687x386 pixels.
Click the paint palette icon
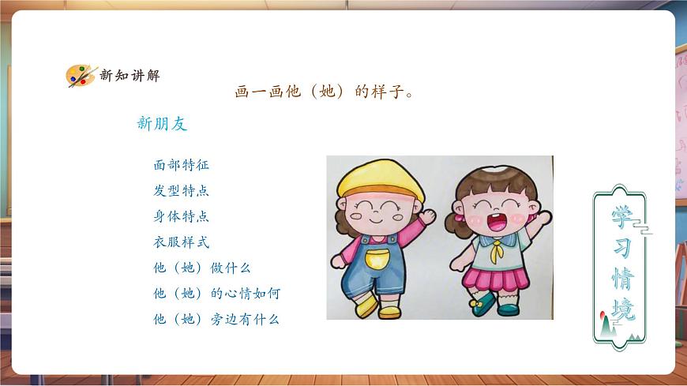pyautogui.click(x=80, y=76)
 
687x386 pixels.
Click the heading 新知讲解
pyautogui.click(x=130, y=76)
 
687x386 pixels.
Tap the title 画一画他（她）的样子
pyautogui.click(x=325, y=92)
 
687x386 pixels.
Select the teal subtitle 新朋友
pyautogui.click(x=162, y=124)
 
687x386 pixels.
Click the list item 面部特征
pyautogui.click(x=182, y=166)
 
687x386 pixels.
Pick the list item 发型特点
pyautogui.click(x=182, y=191)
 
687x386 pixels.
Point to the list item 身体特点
pyautogui.click(x=182, y=216)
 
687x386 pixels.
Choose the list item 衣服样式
pyautogui.click(x=182, y=242)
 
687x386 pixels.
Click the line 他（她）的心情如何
pyautogui.click(x=216, y=294)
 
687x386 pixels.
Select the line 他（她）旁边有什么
pyautogui.click(x=216, y=320)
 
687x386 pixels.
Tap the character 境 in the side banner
pyautogui.click(x=621, y=309)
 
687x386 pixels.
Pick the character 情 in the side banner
pyautogui.click(x=621, y=279)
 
